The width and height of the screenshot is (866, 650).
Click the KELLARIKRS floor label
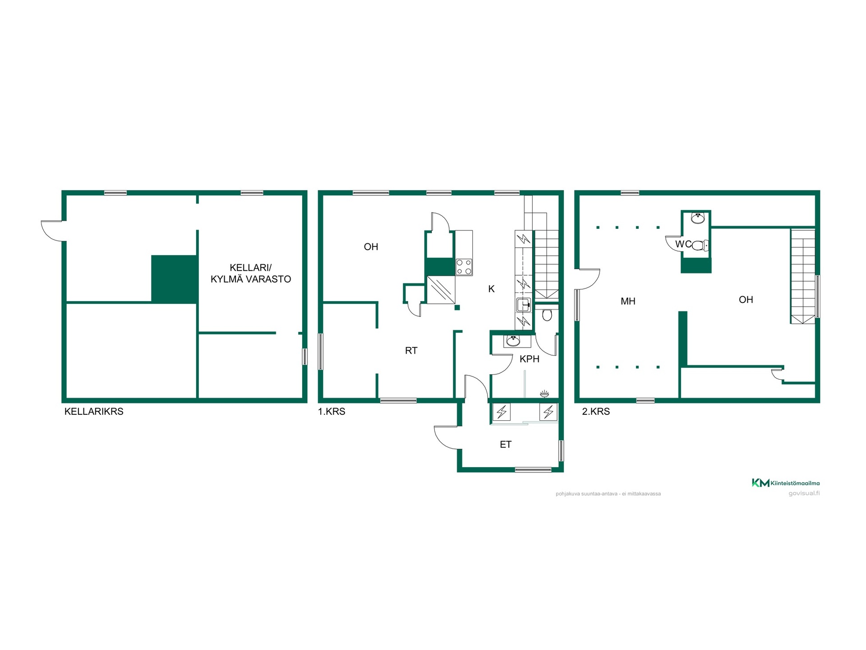coord(94,411)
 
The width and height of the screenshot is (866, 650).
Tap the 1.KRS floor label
coord(332,411)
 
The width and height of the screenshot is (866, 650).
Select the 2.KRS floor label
coord(596,411)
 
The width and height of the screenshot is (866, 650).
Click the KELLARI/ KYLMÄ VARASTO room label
coord(251,273)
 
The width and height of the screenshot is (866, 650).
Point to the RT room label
coord(411,350)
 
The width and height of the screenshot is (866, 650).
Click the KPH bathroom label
coord(529,359)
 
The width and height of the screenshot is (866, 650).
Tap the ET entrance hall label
coord(506,445)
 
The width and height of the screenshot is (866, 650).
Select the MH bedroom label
coord(628,301)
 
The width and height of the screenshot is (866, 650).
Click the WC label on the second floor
coord(683,244)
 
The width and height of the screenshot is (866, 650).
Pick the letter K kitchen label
coord(491,289)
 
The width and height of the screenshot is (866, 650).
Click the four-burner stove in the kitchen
coord(464,267)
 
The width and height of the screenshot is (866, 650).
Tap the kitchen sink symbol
coord(523,305)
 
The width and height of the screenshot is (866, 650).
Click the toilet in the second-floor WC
coord(700,246)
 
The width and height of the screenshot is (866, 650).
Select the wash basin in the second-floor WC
coord(697,218)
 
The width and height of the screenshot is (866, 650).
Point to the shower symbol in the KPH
coord(544,394)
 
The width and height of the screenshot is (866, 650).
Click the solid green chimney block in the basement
coord(174,279)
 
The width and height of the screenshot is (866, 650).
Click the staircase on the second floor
coord(803,277)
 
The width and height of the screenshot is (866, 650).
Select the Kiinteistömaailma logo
coord(785,483)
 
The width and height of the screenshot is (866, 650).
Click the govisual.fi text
coord(804,493)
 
